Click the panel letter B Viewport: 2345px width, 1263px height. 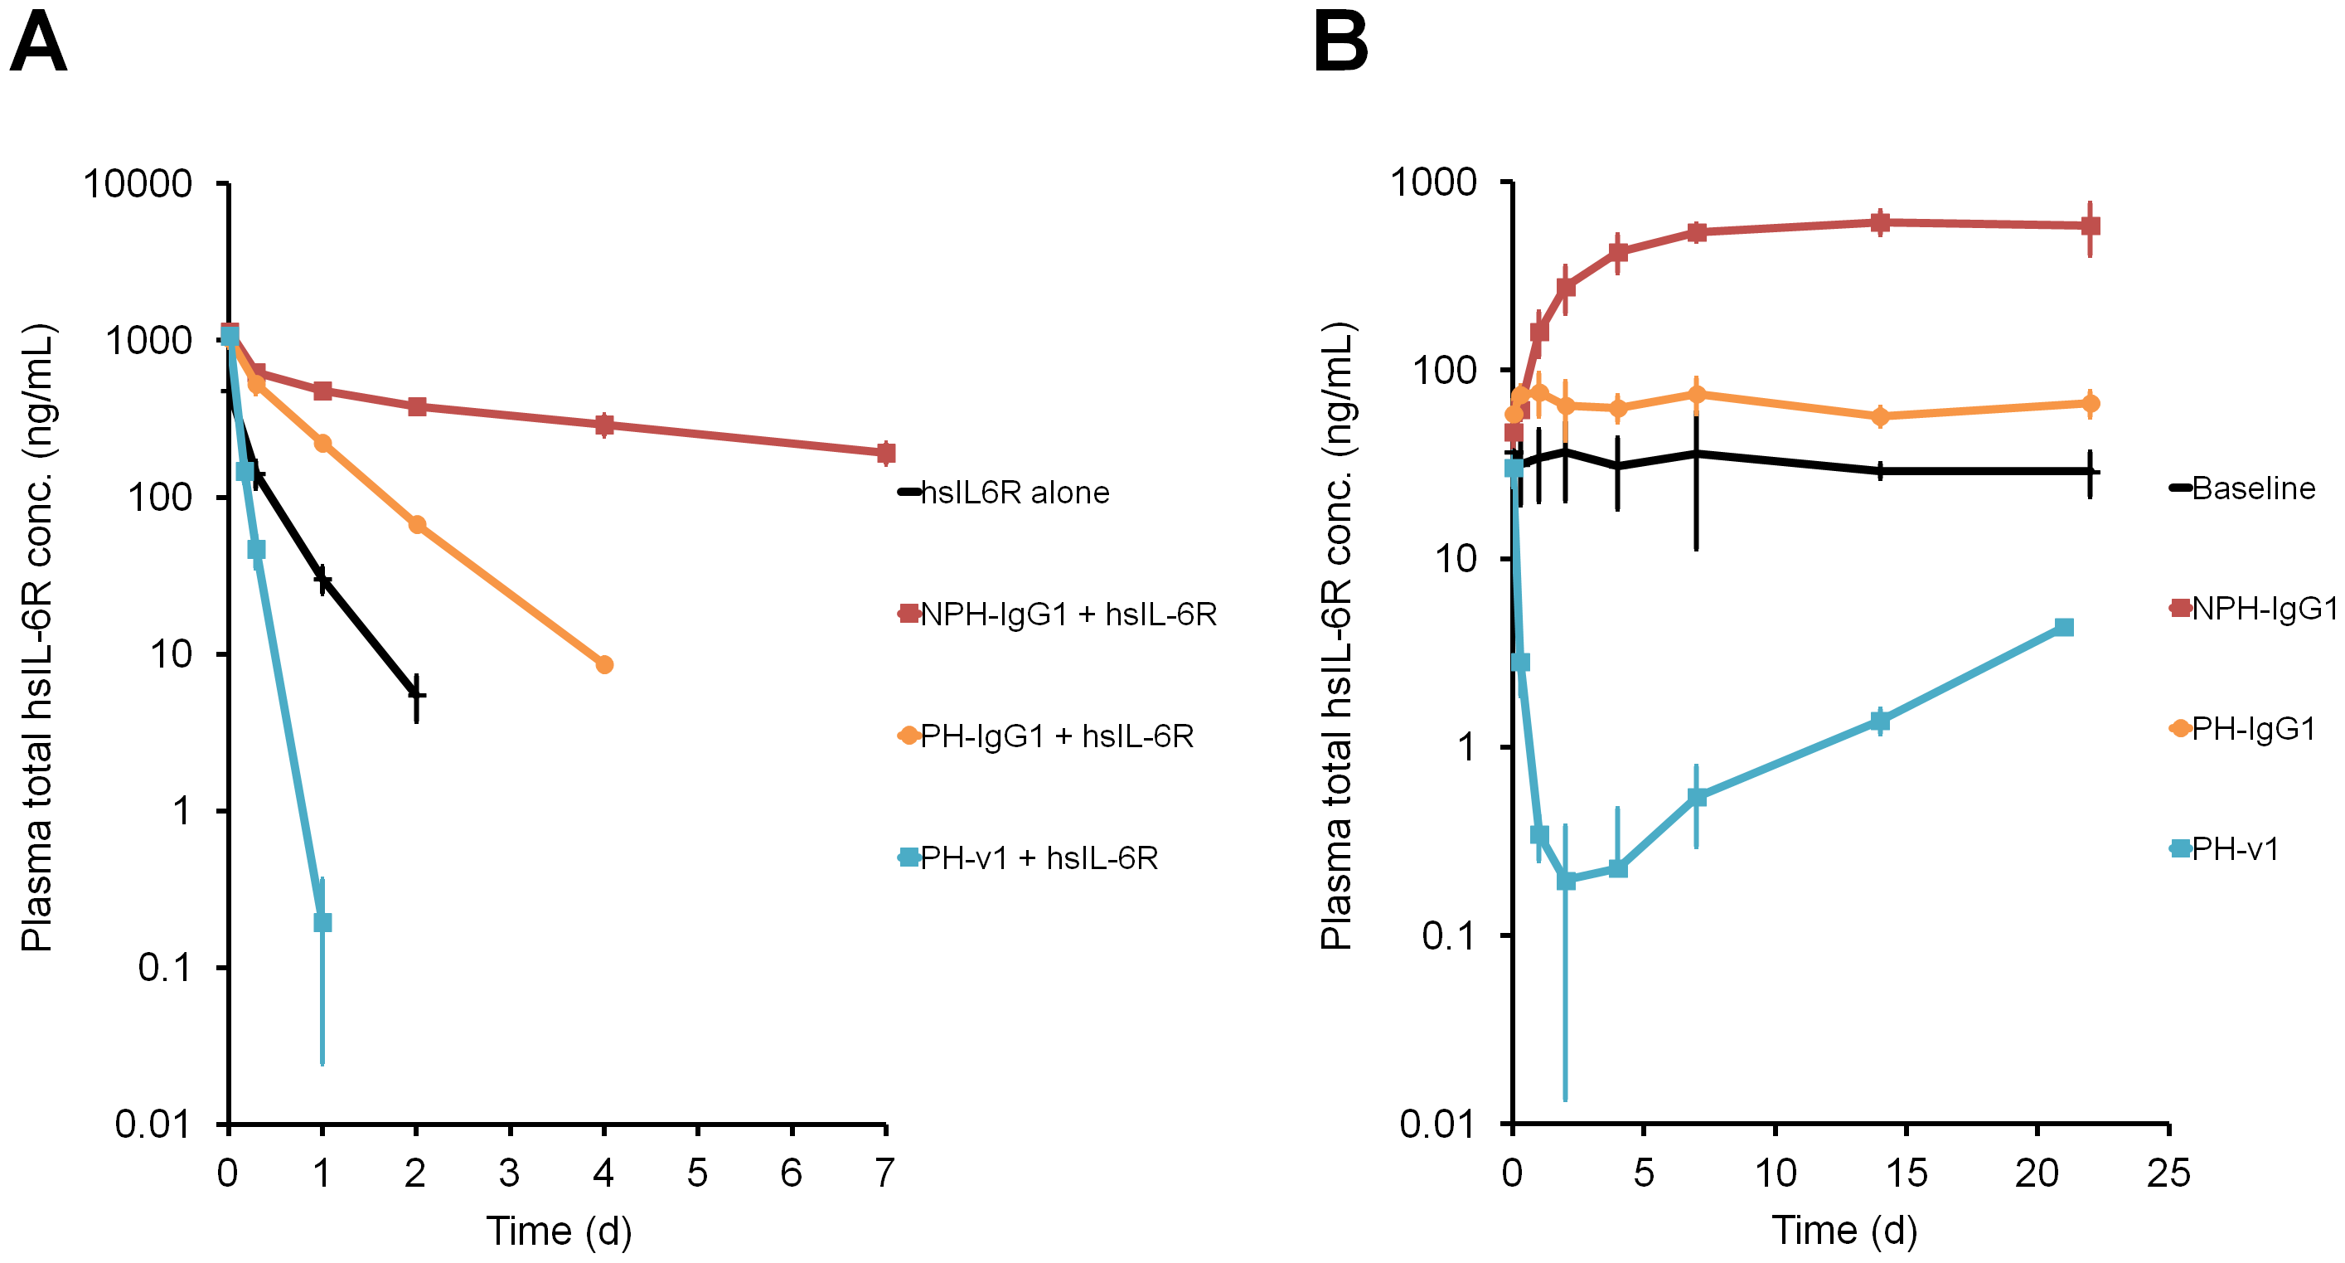(1340, 43)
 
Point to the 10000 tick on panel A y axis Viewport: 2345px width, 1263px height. (138, 184)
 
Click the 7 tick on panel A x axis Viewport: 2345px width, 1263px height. (884, 1173)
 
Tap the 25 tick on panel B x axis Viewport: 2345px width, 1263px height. (2168, 1173)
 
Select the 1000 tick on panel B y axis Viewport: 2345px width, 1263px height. (1433, 182)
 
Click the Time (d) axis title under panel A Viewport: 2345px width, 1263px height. (559, 1231)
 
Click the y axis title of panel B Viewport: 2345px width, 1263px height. (1338, 635)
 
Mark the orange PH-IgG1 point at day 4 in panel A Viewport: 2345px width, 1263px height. (604, 665)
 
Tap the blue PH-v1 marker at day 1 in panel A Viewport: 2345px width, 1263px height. (322, 922)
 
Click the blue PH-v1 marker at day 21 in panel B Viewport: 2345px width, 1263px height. (2065, 628)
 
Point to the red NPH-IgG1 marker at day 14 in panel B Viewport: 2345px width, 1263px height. (1880, 222)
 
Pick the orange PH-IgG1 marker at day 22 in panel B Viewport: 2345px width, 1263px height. (2091, 403)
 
